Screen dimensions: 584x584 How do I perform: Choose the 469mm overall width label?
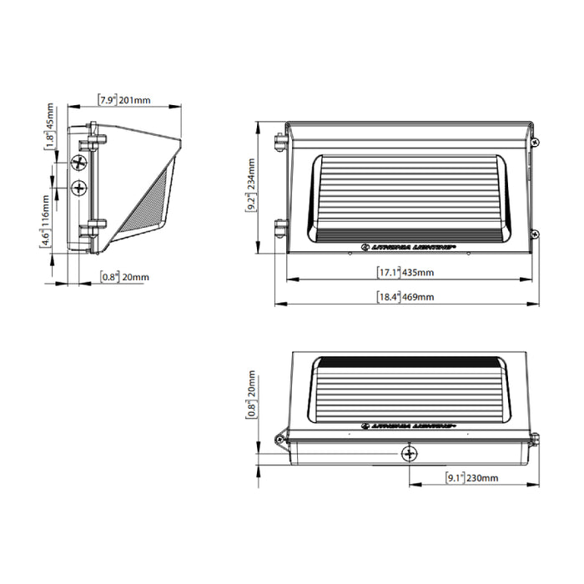coord(405,297)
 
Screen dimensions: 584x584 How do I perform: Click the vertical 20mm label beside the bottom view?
coord(251,395)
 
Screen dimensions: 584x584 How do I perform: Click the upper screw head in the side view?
coord(80,161)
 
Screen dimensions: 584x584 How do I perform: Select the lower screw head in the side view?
coord(80,187)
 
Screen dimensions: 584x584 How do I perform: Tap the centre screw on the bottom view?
coord(409,454)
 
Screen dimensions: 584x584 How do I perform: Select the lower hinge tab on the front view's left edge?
coord(280,226)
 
